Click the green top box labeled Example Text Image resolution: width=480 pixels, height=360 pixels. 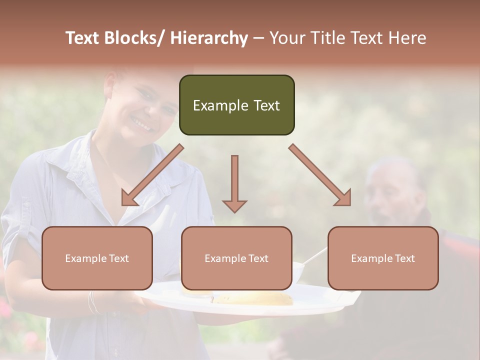tap(236, 105)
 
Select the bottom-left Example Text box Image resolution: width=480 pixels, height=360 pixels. tap(97, 258)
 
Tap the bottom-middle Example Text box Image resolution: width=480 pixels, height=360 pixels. tap(236, 258)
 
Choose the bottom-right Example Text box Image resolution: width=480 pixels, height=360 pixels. tap(383, 258)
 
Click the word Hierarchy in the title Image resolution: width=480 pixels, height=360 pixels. tap(208, 38)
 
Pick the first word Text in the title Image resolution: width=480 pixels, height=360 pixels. tap(83, 38)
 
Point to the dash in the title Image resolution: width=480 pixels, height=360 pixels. tap(258, 38)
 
